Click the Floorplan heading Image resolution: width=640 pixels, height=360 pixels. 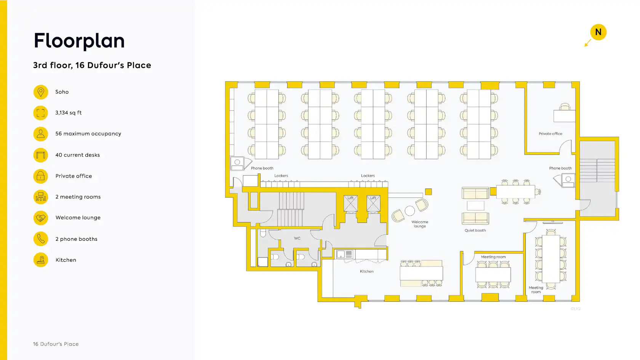point(79,41)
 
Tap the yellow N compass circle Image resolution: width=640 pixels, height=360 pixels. point(598,32)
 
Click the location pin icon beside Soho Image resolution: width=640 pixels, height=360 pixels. point(40,92)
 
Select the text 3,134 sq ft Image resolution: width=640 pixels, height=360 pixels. point(69,113)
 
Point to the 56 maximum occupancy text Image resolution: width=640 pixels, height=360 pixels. point(88,134)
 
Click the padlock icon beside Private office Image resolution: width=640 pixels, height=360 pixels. point(40,176)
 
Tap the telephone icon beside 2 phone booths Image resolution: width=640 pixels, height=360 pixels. point(40,239)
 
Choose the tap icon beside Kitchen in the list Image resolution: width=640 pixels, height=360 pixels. point(40,260)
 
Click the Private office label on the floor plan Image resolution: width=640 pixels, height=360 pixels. point(550,134)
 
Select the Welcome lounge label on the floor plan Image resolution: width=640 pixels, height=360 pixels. point(420,224)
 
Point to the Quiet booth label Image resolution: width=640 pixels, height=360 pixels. point(475,230)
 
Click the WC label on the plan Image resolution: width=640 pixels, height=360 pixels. point(297,238)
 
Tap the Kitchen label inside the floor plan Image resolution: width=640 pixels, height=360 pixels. point(366,271)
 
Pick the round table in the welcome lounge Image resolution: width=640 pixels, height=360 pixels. point(410,211)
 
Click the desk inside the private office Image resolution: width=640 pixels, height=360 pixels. point(564,116)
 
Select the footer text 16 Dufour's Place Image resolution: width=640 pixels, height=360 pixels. point(56,344)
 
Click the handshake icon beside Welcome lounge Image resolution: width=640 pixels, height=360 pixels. point(40,218)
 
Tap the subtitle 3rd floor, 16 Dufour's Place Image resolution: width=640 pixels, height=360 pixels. point(92,65)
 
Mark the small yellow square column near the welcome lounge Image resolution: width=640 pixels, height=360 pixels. point(428,192)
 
